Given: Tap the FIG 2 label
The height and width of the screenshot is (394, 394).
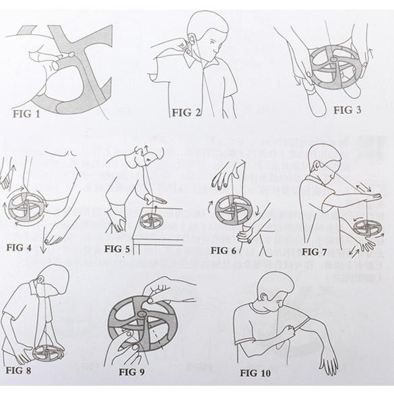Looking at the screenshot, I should point(187,112).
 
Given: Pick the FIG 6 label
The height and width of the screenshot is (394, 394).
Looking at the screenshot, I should point(226,251).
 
